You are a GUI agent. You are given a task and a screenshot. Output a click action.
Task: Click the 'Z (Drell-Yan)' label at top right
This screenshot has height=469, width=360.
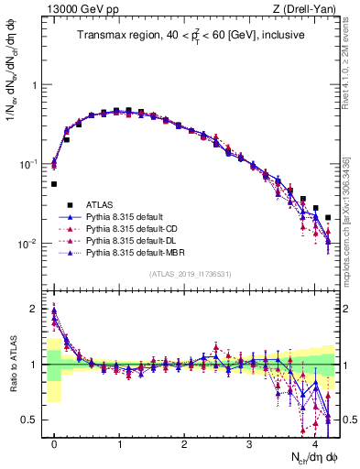308,8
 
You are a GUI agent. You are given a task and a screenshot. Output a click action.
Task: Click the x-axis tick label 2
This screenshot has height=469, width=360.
184,442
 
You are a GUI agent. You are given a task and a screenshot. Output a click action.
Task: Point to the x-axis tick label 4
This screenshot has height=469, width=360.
314,442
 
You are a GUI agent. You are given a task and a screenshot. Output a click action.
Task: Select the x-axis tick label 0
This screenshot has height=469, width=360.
55,442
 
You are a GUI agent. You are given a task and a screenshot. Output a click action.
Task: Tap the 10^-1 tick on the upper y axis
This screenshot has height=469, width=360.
30,164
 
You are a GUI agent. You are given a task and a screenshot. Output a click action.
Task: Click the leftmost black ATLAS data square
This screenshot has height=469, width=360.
54,184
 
